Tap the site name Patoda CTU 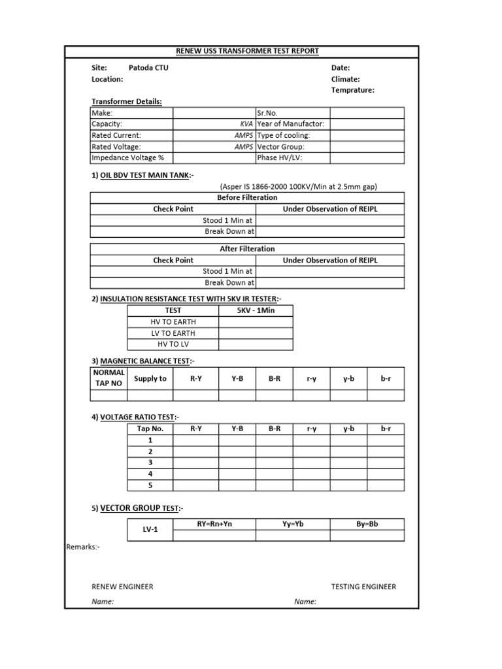[148, 67]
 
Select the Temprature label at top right [352, 90]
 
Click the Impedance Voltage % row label [127, 157]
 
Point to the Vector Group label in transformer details [280, 146]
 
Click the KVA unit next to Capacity [246, 123]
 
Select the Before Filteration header [247, 197]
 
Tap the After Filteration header [247, 249]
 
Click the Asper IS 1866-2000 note [298, 186]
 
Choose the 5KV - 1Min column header [256, 310]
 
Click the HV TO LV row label [173, 344]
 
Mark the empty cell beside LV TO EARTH [256, 333]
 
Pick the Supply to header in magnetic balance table [150, 378]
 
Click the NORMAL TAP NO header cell [109, 378]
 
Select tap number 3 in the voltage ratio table [150, 463]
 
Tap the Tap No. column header [150, 429]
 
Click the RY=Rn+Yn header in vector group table [214, 524]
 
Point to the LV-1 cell [150, 529]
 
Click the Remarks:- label [82, 546]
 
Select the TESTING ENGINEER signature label [363, 587]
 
